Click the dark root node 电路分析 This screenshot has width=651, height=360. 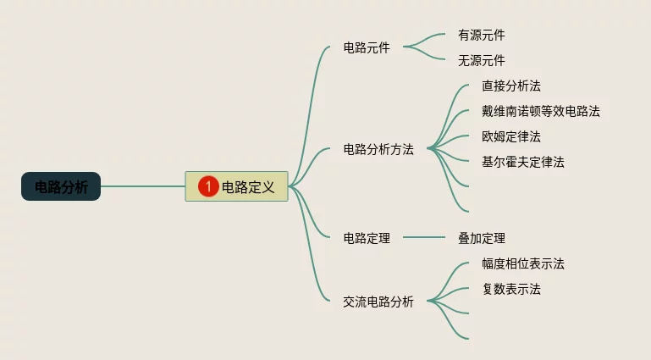point(61,186)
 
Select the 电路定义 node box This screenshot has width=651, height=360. point(246,186)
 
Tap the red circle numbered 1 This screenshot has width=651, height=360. point(208,186)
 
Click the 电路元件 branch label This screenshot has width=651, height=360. point(367,48)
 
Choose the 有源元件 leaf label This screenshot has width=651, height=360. point(481,36)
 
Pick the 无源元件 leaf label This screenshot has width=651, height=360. point(481,61)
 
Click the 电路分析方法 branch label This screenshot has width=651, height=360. point(378,150)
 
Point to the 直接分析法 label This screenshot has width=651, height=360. point(511,86)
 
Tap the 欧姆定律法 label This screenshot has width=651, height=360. point(511,136)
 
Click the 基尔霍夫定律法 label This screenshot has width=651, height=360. point(522,162)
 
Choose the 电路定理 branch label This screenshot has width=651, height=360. point(367,239)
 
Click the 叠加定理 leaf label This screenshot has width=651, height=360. point(481,239)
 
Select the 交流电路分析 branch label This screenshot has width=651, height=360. point(378,302)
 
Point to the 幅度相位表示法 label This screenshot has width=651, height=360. point(522,264)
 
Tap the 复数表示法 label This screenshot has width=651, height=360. point(511,290)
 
